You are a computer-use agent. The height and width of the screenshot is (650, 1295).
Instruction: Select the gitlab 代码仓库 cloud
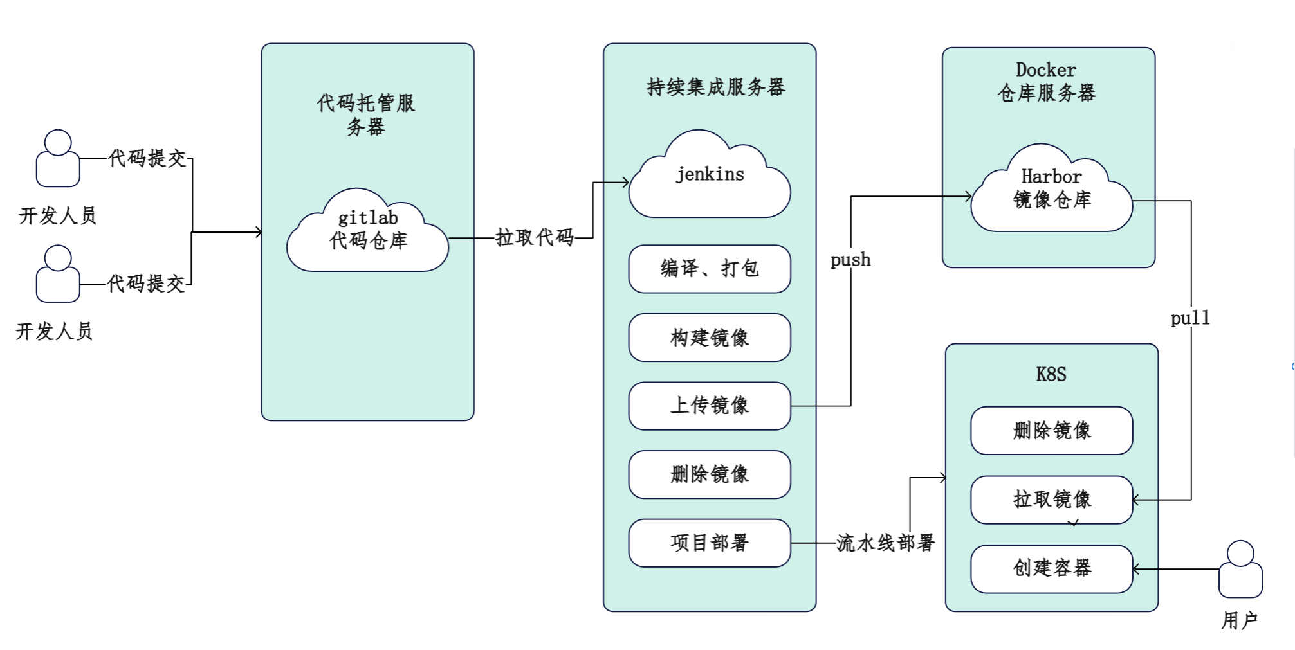click(367, 231)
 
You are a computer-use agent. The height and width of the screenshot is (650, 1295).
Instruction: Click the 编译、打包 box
click(710, 269)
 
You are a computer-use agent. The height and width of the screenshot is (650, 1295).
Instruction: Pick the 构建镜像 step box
click(710, 338)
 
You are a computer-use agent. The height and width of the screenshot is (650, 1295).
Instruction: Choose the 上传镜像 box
click(710, 406)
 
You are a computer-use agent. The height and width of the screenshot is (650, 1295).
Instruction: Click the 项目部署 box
click(710, 543)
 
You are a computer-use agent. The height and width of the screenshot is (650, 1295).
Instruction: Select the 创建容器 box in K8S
click(1051, 568)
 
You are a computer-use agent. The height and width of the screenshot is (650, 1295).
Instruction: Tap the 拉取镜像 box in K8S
click(1051, 500)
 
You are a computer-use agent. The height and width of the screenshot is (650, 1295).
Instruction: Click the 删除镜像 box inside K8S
click(1051, 431)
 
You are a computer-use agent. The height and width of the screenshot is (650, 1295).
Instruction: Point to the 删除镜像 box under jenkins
click(710, 474)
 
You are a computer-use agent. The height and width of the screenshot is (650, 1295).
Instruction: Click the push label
click(850, 260)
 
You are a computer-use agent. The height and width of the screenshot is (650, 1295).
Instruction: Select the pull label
click(1190, 318)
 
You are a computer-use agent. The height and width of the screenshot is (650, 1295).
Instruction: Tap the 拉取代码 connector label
click(535, 237)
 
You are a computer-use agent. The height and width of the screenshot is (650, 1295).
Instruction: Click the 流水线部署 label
click(885, 543)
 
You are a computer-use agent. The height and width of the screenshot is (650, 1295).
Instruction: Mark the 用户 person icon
click(1240, 570)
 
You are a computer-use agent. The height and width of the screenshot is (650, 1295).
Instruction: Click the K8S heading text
click(1051, 374)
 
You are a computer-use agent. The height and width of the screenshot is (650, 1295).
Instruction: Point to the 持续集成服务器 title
click(715, 87)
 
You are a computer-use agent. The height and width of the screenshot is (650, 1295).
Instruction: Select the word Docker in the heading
click(1045, 69)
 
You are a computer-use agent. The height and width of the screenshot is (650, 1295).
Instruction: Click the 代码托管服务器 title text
click(366, 114)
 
